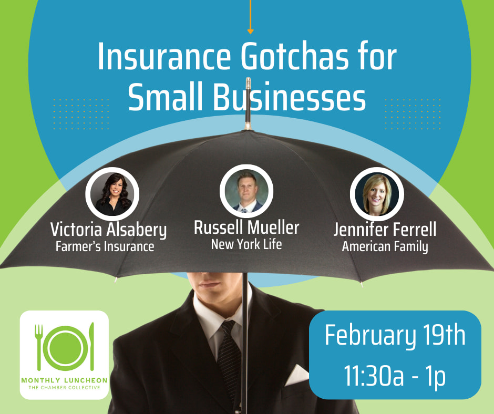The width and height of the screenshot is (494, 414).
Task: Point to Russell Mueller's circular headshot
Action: coord(246,190)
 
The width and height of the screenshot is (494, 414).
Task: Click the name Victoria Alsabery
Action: coord(108,230)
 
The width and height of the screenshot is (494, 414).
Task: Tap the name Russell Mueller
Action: coord(246,227)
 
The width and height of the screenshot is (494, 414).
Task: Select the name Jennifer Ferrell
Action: coord(385,230)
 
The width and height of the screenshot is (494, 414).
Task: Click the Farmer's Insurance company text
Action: coord(105,246)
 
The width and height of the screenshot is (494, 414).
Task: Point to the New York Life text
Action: coord(246,244)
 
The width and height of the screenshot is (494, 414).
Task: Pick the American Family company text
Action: coord(385,246)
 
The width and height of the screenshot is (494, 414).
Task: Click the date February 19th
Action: coord(395,336)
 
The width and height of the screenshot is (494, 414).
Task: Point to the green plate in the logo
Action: coord(65,347)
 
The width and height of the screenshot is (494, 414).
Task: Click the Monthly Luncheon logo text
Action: coord(64,380)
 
